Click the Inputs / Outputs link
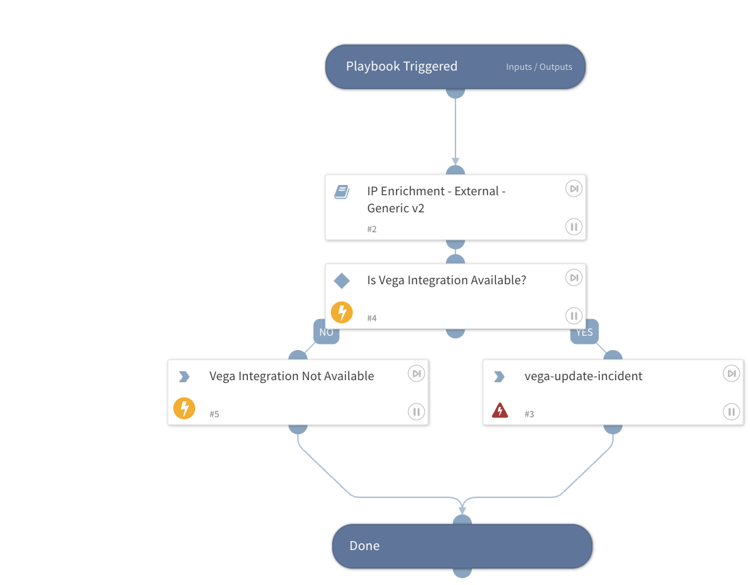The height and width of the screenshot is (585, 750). coord(539,67)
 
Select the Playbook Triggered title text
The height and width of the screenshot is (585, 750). coord(402,66)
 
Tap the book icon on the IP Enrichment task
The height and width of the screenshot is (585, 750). coord(342,192)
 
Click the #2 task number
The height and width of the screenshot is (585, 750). coord(372,229)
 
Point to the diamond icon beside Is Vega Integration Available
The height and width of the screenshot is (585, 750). coord(342,281)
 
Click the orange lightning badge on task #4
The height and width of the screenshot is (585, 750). coord(342,312)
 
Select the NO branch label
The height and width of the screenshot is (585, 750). coord(326,332)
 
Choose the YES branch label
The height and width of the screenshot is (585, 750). coord(584,332)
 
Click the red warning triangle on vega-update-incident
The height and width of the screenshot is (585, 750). coord(500,410)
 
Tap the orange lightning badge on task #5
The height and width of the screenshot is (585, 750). coord(184,408)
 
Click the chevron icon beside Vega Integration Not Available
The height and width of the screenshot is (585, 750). coord(184,377)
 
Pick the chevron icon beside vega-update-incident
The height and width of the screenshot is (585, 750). coord(499,377)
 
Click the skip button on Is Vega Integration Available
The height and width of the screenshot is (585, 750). coord(574,277)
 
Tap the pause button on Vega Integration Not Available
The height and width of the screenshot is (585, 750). coord(416,412)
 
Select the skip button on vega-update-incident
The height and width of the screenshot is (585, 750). coord(732,373)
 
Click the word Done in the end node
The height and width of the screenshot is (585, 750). coord(364,546)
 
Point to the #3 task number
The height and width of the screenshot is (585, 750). coord(529,414)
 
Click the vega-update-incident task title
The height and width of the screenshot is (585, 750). coord(583,376)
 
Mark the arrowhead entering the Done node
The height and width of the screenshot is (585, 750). coord(462,510)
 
